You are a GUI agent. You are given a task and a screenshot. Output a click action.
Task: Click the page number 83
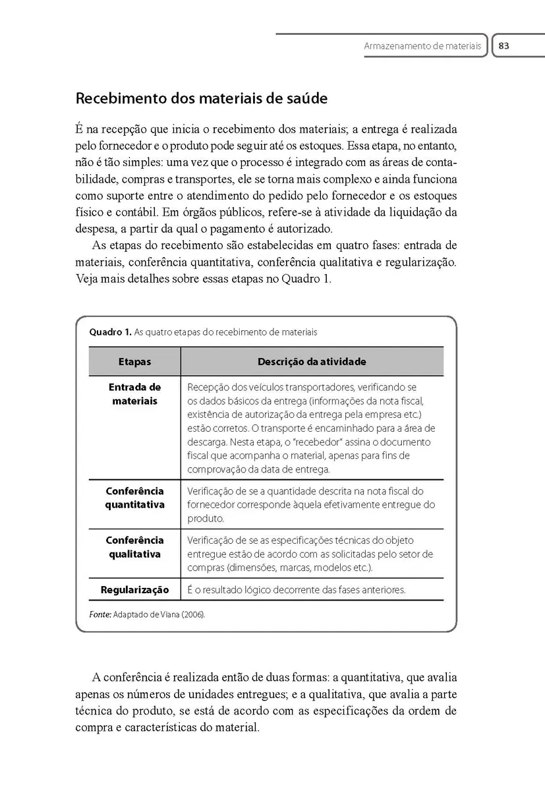coord(504,47)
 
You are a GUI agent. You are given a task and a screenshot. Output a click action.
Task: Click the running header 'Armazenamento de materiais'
coord(422,47)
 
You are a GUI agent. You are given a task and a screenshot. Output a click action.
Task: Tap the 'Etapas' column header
coord(134,362)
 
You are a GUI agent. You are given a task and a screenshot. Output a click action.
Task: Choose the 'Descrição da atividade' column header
coord(312,362)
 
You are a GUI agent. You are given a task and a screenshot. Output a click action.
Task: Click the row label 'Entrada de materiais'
coord(134,394)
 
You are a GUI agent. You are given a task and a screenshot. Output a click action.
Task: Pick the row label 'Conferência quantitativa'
coord(134,498)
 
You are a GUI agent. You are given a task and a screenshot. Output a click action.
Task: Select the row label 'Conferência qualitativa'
coord(134,547)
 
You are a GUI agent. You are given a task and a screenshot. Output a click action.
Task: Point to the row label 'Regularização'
coord(134,589)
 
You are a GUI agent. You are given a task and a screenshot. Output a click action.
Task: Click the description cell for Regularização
coord(297,590)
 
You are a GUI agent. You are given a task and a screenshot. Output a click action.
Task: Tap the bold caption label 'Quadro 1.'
coord(109,332)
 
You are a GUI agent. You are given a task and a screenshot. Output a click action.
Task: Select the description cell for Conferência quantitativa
coord(311,504)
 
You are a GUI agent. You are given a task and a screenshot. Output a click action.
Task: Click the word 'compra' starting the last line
coord(94,728)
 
